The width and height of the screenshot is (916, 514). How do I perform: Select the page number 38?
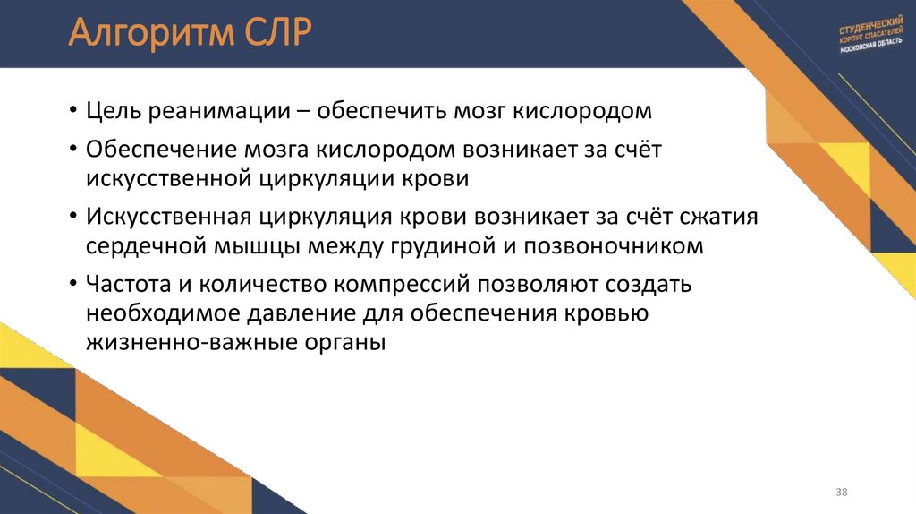[842, 493]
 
